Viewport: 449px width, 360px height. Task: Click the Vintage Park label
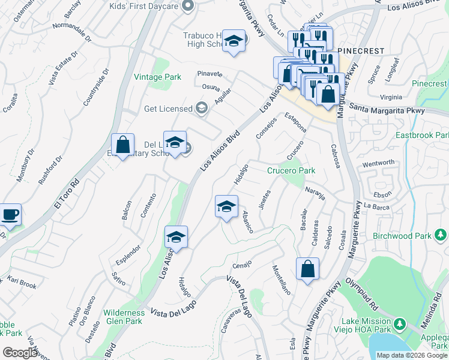click(x=157, y=77)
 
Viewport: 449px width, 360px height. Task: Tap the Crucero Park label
click(x=291, y=171)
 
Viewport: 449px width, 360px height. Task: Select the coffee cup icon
click(x=10, y=215)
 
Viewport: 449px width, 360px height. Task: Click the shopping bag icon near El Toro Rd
click(x=122, y=146)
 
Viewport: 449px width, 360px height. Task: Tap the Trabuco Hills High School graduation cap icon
click(x=234, y=41)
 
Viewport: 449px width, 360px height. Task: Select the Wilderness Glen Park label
click(x=124, y=317)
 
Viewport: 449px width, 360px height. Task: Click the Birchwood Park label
click(x=401, y=236)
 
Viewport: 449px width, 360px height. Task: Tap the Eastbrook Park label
click(x=422, y=135)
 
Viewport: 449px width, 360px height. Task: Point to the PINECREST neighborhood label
click(x=361, y=52)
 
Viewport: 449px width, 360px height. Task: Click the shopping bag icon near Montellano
click(x=307, y=269)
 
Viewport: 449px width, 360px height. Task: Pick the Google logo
click(x=20, y=353)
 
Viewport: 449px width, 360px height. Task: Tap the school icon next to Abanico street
click(x=226, y=207)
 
